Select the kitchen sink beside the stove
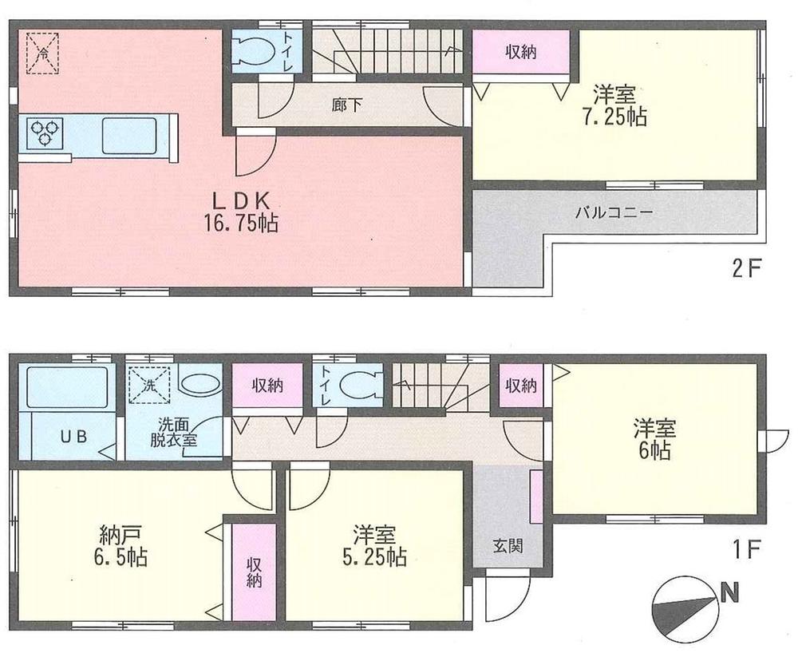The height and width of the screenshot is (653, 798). tap(128, 134)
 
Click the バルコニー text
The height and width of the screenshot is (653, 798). tap(615, 214)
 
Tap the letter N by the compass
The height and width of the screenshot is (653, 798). tap(728, 592)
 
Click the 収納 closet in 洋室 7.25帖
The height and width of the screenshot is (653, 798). tap(520, 52)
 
